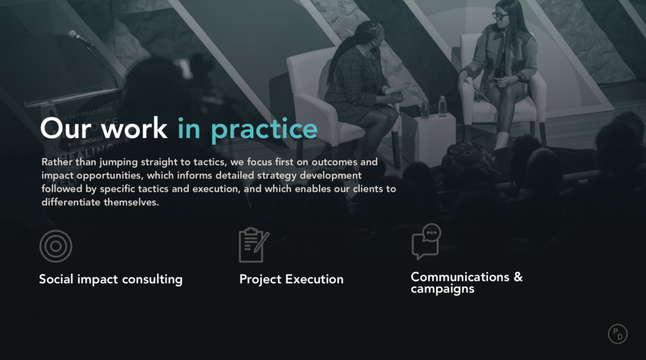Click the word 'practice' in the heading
[x=264, y=130]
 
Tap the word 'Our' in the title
[x=66, y=128]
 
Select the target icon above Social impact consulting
[x=56, y=246]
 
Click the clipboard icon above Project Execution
[x=254, y=245]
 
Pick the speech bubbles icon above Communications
[x=426, y=241]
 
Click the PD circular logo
[x=617, y=334]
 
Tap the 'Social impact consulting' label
[x=111, y=279]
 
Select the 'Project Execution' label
[x=291, y=279]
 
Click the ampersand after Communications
[x=518, y=277]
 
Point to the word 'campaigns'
[x=443, y=289]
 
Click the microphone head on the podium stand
[x=73, y=34]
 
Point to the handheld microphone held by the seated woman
[x=502, y=74]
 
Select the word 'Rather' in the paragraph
[x=57, y=162]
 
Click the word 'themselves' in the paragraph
[x=131, y=202]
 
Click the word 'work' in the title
[x=135, y=128]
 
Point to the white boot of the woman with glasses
[x=501, y=140]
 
